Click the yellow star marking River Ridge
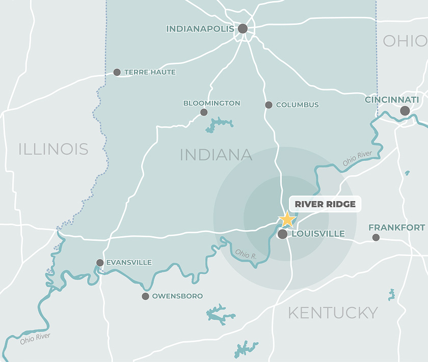[287, 219]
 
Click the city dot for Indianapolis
[243, 29]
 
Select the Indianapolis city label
[200, 29]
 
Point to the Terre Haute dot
[117, 72]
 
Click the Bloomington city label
[211, 103]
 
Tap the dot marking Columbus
[269, 105]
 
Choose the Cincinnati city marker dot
[405, 110]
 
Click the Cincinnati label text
[392, 100]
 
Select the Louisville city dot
[282, 234]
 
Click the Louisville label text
[317, 234]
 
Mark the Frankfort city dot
[376, 237]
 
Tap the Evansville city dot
[100, 263]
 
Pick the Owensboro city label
[177, 296]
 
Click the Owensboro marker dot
[145, 296]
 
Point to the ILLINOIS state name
[53, 149]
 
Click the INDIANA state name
[216, 155]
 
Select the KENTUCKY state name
[333, 313]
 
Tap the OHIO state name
[405, 41]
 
